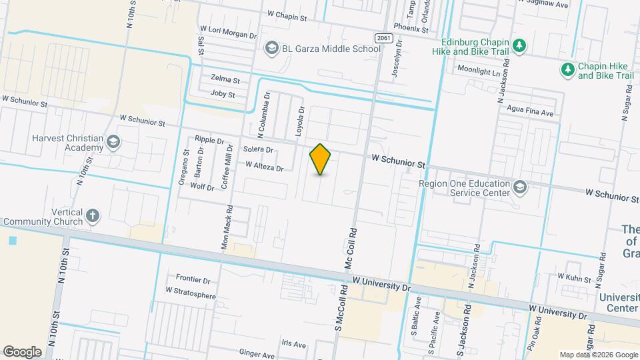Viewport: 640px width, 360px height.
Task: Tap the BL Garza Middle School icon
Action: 271,47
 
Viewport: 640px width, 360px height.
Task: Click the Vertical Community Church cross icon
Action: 93,215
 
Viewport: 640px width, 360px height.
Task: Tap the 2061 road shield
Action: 382,38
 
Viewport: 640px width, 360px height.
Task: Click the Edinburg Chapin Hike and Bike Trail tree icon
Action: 521,45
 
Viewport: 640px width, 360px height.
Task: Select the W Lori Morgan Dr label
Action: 228,31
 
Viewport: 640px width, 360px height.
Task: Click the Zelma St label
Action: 225,79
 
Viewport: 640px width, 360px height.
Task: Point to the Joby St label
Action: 223,95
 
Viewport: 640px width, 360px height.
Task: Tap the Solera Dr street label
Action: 259,149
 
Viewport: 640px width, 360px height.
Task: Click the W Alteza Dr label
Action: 265,165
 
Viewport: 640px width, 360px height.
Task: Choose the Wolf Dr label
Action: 201,187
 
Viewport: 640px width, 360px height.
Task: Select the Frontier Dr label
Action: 193,279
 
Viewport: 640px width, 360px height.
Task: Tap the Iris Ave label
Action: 293,345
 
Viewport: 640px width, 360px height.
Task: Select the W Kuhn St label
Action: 575,276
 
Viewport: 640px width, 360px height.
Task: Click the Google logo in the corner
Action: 22,351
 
